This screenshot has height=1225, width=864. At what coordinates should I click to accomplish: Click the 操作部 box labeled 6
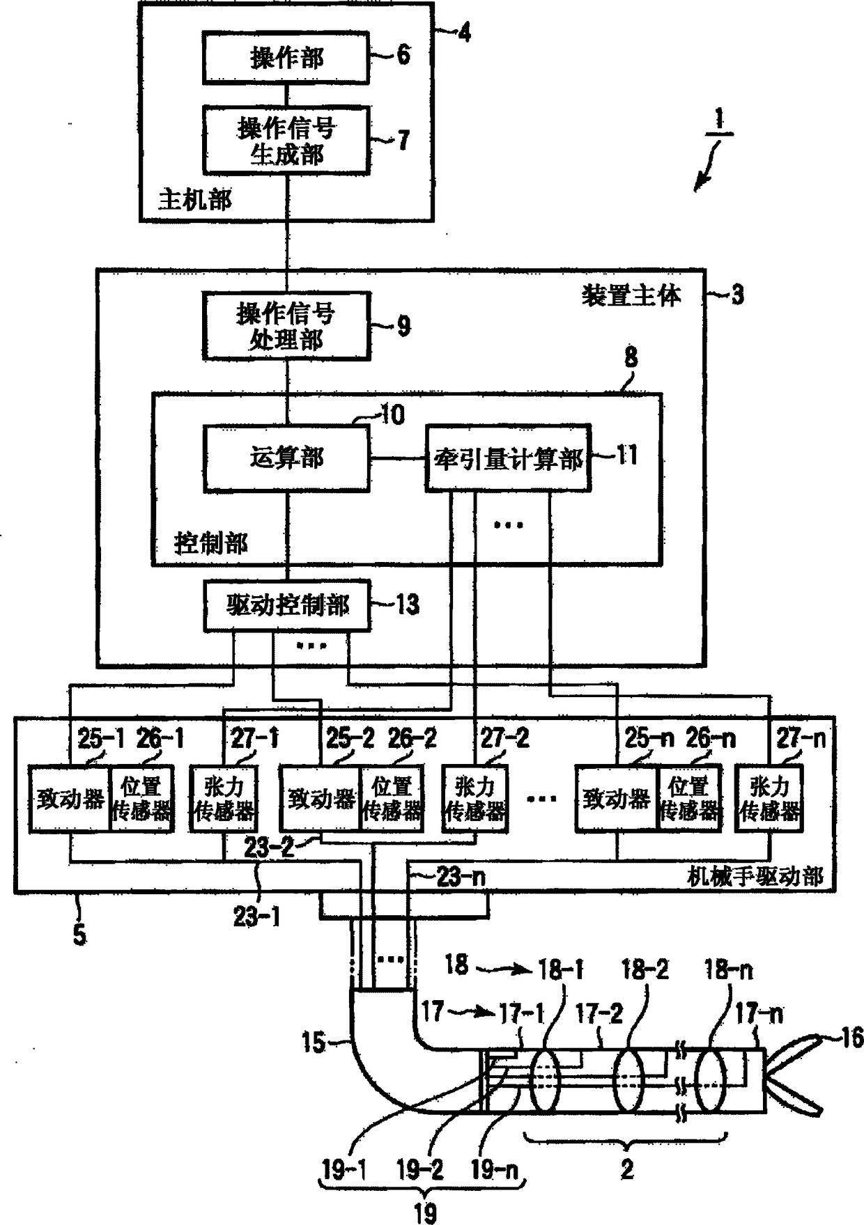(286, 58)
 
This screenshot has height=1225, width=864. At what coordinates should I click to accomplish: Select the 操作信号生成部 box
(286, 140)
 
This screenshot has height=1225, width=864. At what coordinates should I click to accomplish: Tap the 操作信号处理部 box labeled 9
(286, 326)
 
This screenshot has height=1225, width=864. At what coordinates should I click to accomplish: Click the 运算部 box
(286, 458)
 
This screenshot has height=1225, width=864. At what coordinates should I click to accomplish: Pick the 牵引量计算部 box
(508, 459)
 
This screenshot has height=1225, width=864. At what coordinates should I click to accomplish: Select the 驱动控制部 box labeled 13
(287, 605)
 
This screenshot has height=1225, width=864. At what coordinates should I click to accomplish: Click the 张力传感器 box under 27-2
(475, 799)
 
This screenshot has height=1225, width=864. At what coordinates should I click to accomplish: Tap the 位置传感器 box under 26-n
(688, 799)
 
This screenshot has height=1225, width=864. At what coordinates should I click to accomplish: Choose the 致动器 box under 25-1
(70, 799)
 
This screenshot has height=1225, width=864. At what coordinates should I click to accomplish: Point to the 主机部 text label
(194, 200)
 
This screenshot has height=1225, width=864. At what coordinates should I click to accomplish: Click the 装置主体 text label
(631, 295)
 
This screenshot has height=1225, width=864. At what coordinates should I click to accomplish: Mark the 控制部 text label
(210, 543)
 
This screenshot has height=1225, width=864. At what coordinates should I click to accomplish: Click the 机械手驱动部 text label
(755, 876)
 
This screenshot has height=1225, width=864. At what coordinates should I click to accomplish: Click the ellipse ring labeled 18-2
(629, 1079)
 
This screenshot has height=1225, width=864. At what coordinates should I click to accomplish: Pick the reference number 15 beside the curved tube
(314, 1043)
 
